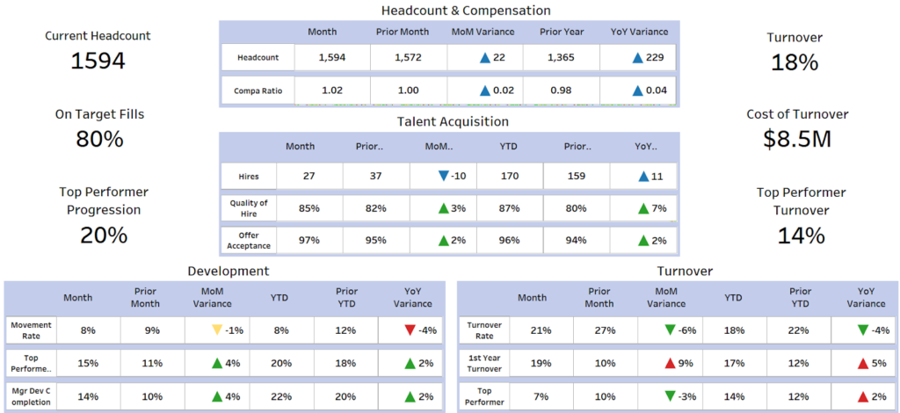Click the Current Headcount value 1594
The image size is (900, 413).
tap(98, 61)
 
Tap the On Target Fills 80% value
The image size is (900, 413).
tap(99, 139)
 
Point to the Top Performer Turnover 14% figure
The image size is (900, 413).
tap(801, 235)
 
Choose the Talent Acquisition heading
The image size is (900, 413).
tap(453, 121)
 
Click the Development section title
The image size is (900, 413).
tap(229, 271)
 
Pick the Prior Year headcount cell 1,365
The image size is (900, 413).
tap(562, 57)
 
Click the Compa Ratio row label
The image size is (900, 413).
tap(258, 91)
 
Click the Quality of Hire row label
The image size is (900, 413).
tap(249, 208)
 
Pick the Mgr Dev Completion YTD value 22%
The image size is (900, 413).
tap(280, 396)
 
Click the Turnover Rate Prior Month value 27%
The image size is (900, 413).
tap(599, 330)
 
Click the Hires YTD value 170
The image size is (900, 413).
tap(509, 176)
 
